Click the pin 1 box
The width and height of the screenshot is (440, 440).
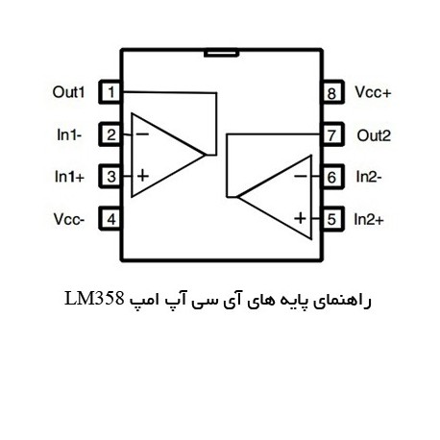[x=110, y=92]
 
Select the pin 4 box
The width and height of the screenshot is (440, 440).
[x=110, y=219]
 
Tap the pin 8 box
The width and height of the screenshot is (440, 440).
[x=333, y=92]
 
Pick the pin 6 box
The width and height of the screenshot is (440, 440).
[x=333, y=177]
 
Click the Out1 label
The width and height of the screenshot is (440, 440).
[x=69, y=92]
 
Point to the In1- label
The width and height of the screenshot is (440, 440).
[x=69, y=134]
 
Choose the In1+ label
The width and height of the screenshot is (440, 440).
[x=69, y=177]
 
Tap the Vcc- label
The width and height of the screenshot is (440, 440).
[x=69, y=219]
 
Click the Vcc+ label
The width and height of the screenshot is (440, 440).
[x=373, y=92]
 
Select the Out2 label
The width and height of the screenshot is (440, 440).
[x=374, y=135]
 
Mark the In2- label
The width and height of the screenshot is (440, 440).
[x=369, y=177]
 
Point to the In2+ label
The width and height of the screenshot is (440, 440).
[x=369, y=220]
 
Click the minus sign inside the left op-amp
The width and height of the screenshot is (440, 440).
[x=142, y=134]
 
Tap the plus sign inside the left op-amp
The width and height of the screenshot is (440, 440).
[x=143, y=176]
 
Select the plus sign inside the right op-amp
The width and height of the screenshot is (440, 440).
[x=300, y=218]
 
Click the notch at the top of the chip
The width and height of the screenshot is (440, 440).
[x=221, y=53]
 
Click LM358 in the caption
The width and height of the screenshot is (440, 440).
[x=94, y=299]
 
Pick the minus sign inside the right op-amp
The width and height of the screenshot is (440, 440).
[x=301, y=176]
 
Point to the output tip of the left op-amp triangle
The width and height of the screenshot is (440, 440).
[x=205, y=155]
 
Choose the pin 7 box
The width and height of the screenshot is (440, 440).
[x=333, y=134]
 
